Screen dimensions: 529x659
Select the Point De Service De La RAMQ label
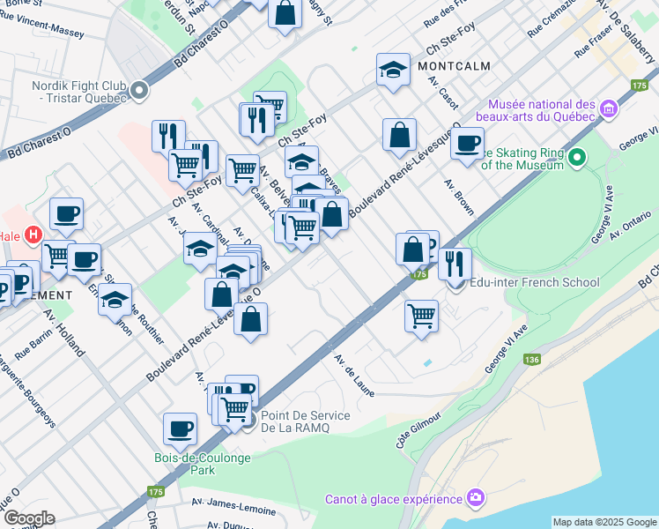point(305,421)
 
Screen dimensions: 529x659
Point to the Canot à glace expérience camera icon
point(477,498)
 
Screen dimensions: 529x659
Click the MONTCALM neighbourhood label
point(455,67)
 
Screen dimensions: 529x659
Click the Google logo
point(29,518)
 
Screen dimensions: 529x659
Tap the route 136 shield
point(531,360)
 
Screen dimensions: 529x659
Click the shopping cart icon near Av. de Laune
point(422,314)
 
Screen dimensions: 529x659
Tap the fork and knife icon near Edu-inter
point(455,262)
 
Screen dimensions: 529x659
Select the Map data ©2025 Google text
point(604,522)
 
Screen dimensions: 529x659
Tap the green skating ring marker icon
point(577,159)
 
